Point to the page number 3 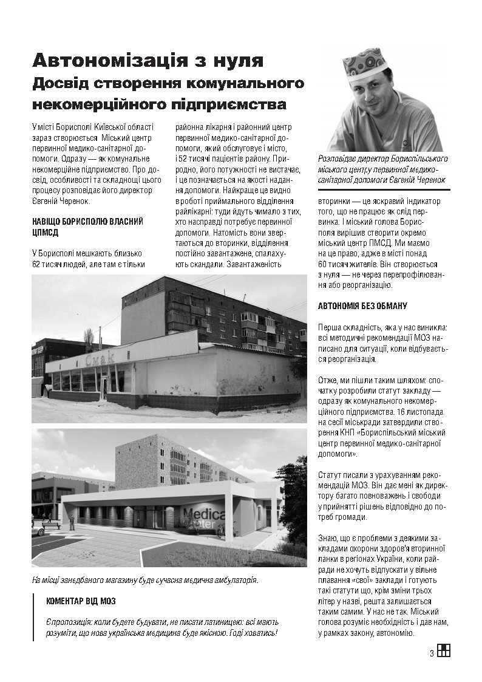(x=431, y=653)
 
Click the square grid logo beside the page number (x=444, y=651)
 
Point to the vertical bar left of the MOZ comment (x=34, y=616)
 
